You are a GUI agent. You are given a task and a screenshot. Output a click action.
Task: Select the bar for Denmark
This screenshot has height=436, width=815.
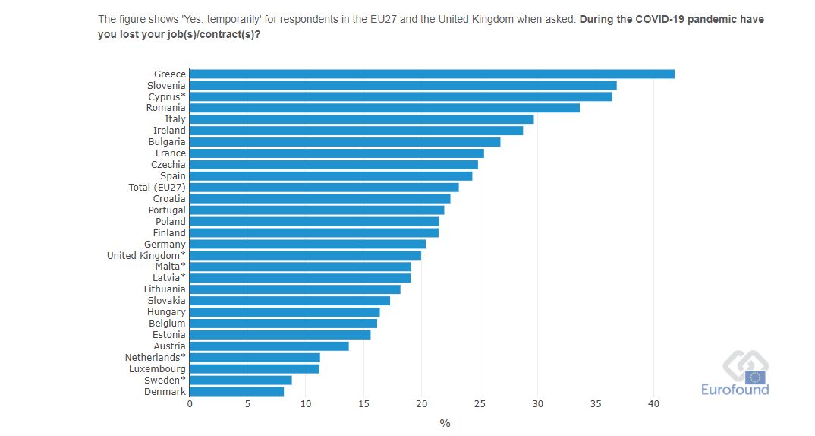pyautogui.click(x=237, y=391)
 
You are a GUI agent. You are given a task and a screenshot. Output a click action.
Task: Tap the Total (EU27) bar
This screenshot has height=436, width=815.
pyautogui.click(x=324, y=187)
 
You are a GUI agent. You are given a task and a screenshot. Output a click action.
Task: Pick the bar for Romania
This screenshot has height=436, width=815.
pyautogui.click(x=385, y=108)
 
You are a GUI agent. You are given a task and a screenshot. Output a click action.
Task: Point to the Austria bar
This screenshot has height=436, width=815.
pyautogui.click(x=269, y=346)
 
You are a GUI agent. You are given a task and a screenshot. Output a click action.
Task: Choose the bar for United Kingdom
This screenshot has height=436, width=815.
pyautogui.click(x=305, y=255)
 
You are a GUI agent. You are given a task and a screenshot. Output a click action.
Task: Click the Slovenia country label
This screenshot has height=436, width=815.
pyautogui.click(x=166, y=85)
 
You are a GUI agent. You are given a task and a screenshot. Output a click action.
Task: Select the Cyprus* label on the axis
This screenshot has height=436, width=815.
pyautogui.click(x=167, y=96)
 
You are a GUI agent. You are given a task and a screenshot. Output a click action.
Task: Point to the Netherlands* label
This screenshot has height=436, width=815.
pyautogui.click(x=156, y=357)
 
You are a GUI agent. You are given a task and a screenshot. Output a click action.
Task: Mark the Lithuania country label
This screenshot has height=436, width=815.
pyautogui.click(x=165, y=289)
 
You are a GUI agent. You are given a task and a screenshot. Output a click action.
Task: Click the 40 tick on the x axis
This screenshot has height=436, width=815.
pyautogui.click(x=653, y=404)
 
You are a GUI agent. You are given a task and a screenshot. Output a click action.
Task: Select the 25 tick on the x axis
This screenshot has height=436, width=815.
pyautogui.click(x=480, y=404)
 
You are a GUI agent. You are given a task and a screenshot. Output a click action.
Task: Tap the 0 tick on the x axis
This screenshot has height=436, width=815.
pyautogui.click(x=190, y=404)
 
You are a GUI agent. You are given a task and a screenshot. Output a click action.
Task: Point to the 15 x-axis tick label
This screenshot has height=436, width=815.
pyautogui.click(x=363, y=404)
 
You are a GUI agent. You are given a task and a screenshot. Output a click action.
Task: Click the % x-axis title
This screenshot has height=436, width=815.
pyautogui.click(x=445, y=423)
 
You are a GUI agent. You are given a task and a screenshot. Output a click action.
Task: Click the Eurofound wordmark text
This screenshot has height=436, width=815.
pyautogui.click(x=735, y=390)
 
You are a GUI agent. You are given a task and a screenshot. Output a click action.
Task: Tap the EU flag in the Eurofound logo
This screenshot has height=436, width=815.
pyautogui.click(x=755, y=377)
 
